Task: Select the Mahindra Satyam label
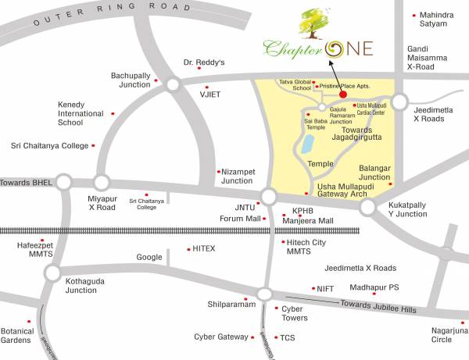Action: point(438,19)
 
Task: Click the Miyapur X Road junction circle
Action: point(102,182)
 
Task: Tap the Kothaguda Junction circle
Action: point(52,273)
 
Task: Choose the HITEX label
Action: point(203,248)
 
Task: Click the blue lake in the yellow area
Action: point(308,144)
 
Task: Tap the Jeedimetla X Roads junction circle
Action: point(400,102)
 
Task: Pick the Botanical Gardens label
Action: point(17,335)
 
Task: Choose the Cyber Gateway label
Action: point(221,337)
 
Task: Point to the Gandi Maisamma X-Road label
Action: point(431,58)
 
